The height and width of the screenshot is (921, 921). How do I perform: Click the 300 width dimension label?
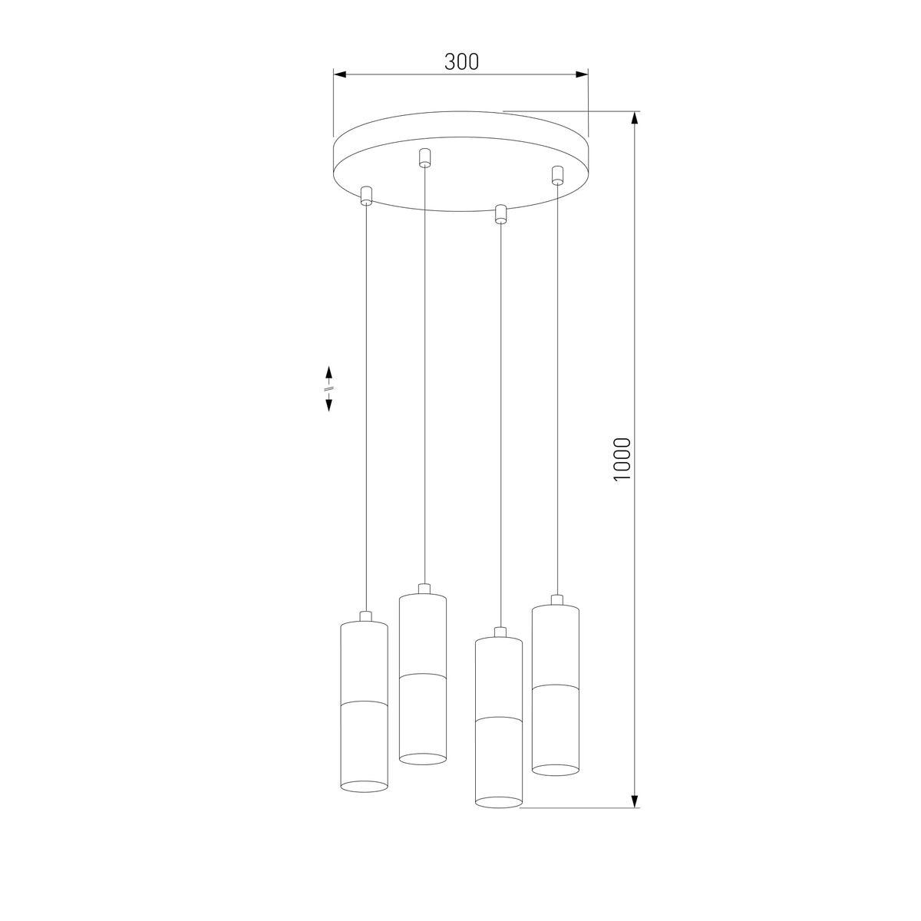tap(461, 61)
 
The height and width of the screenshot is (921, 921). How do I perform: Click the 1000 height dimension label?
tap(622, 459)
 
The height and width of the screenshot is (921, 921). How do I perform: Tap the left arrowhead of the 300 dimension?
tap(339, 74)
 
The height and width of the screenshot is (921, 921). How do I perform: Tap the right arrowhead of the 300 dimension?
tap(582, 74)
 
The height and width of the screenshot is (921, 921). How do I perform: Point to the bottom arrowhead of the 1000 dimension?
tap(635, 801)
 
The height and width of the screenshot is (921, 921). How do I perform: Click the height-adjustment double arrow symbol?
tap(328, 388)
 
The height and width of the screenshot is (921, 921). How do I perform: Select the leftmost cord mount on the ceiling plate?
tap(366, 196)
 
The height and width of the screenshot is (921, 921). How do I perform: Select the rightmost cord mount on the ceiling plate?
tap(556, 175)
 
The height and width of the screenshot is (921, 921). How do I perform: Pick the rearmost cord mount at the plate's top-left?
tap(424, 158)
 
